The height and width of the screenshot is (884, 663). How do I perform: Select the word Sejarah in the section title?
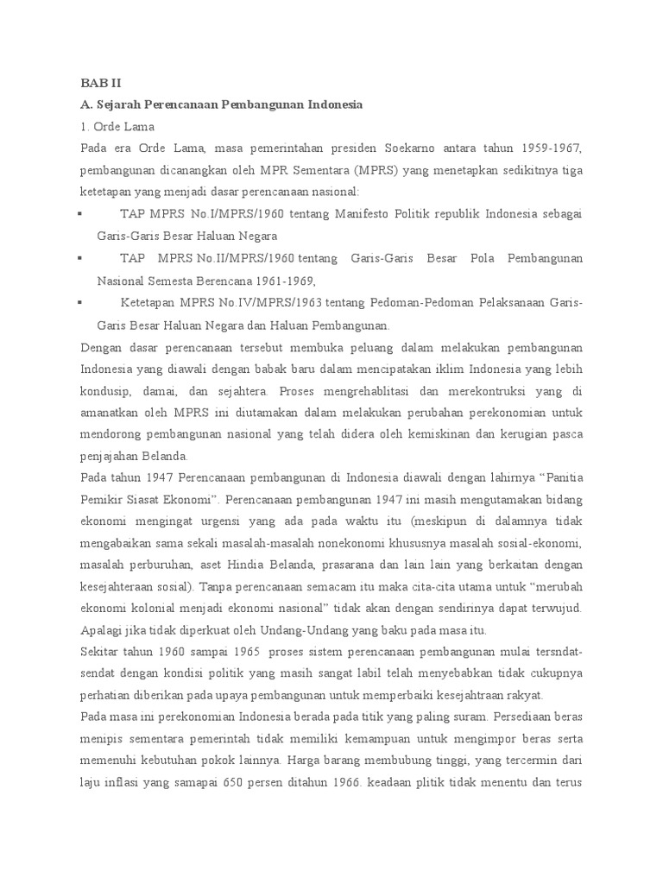119,104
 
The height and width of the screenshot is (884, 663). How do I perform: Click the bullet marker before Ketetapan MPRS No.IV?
79,303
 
